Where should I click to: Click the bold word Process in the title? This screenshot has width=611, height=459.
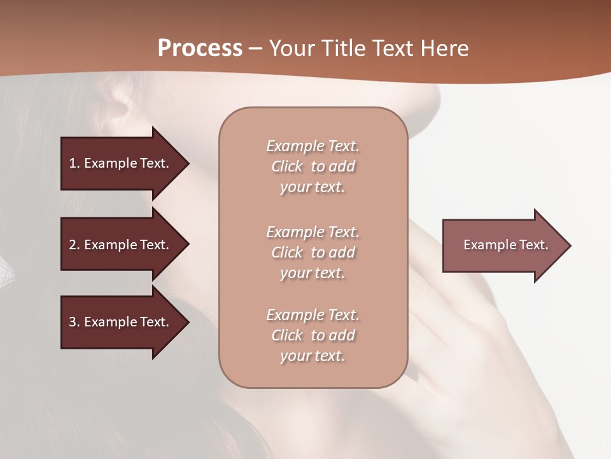[x=200, y=48]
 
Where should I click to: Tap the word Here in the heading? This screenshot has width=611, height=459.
[x=445, y=48]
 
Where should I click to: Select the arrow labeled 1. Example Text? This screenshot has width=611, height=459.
[x=121, y=163]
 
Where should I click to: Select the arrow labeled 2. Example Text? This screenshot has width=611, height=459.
[x=121, y=245]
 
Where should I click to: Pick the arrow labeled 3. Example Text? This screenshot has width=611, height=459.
[x=121, y=322]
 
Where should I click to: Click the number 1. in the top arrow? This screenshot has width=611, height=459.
[x=74, y=163]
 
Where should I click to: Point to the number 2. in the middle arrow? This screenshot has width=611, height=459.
[x=74, y=245]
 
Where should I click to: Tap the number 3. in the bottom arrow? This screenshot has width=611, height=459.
[x=74, y=322]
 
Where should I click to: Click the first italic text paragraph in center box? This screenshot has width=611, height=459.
[x=313, y=166]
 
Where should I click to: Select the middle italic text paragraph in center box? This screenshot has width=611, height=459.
[x=313, y=252]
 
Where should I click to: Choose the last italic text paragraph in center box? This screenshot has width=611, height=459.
[x=313, y=335]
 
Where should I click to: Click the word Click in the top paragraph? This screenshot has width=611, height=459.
[x=286, y=166]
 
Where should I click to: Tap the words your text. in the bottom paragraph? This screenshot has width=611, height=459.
[x=313, y=356]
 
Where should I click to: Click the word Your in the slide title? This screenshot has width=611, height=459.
[x=291, y=48]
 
